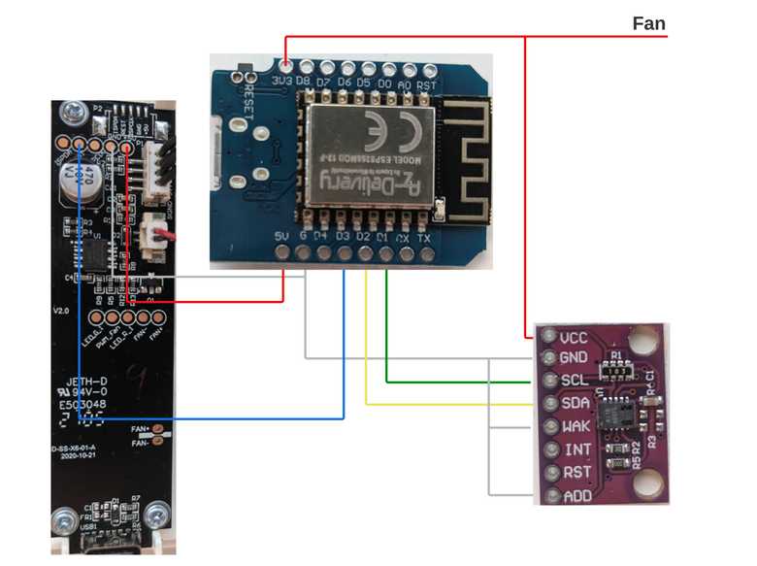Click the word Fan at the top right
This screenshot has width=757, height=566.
click(x=648, y=23)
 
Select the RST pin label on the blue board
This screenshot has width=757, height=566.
click(x=426, y=83)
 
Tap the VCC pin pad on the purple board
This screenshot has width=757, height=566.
click(x=546, y=338)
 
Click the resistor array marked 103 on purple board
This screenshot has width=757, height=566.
click(x=615, y=371)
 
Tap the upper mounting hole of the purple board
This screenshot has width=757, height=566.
click(x=642, y=341)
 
